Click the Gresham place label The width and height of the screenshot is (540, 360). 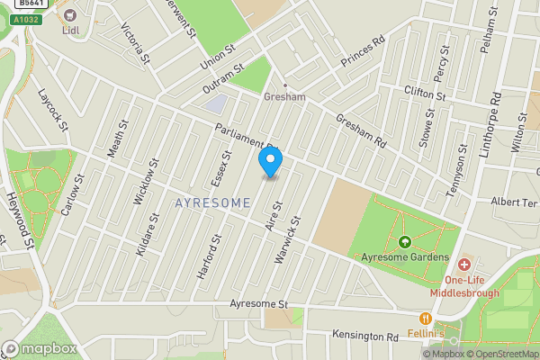coord(284,95)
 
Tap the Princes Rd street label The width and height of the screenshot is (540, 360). coord(363,52)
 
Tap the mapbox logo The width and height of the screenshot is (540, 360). coord(39,348)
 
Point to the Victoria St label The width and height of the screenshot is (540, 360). coord(135,42)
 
